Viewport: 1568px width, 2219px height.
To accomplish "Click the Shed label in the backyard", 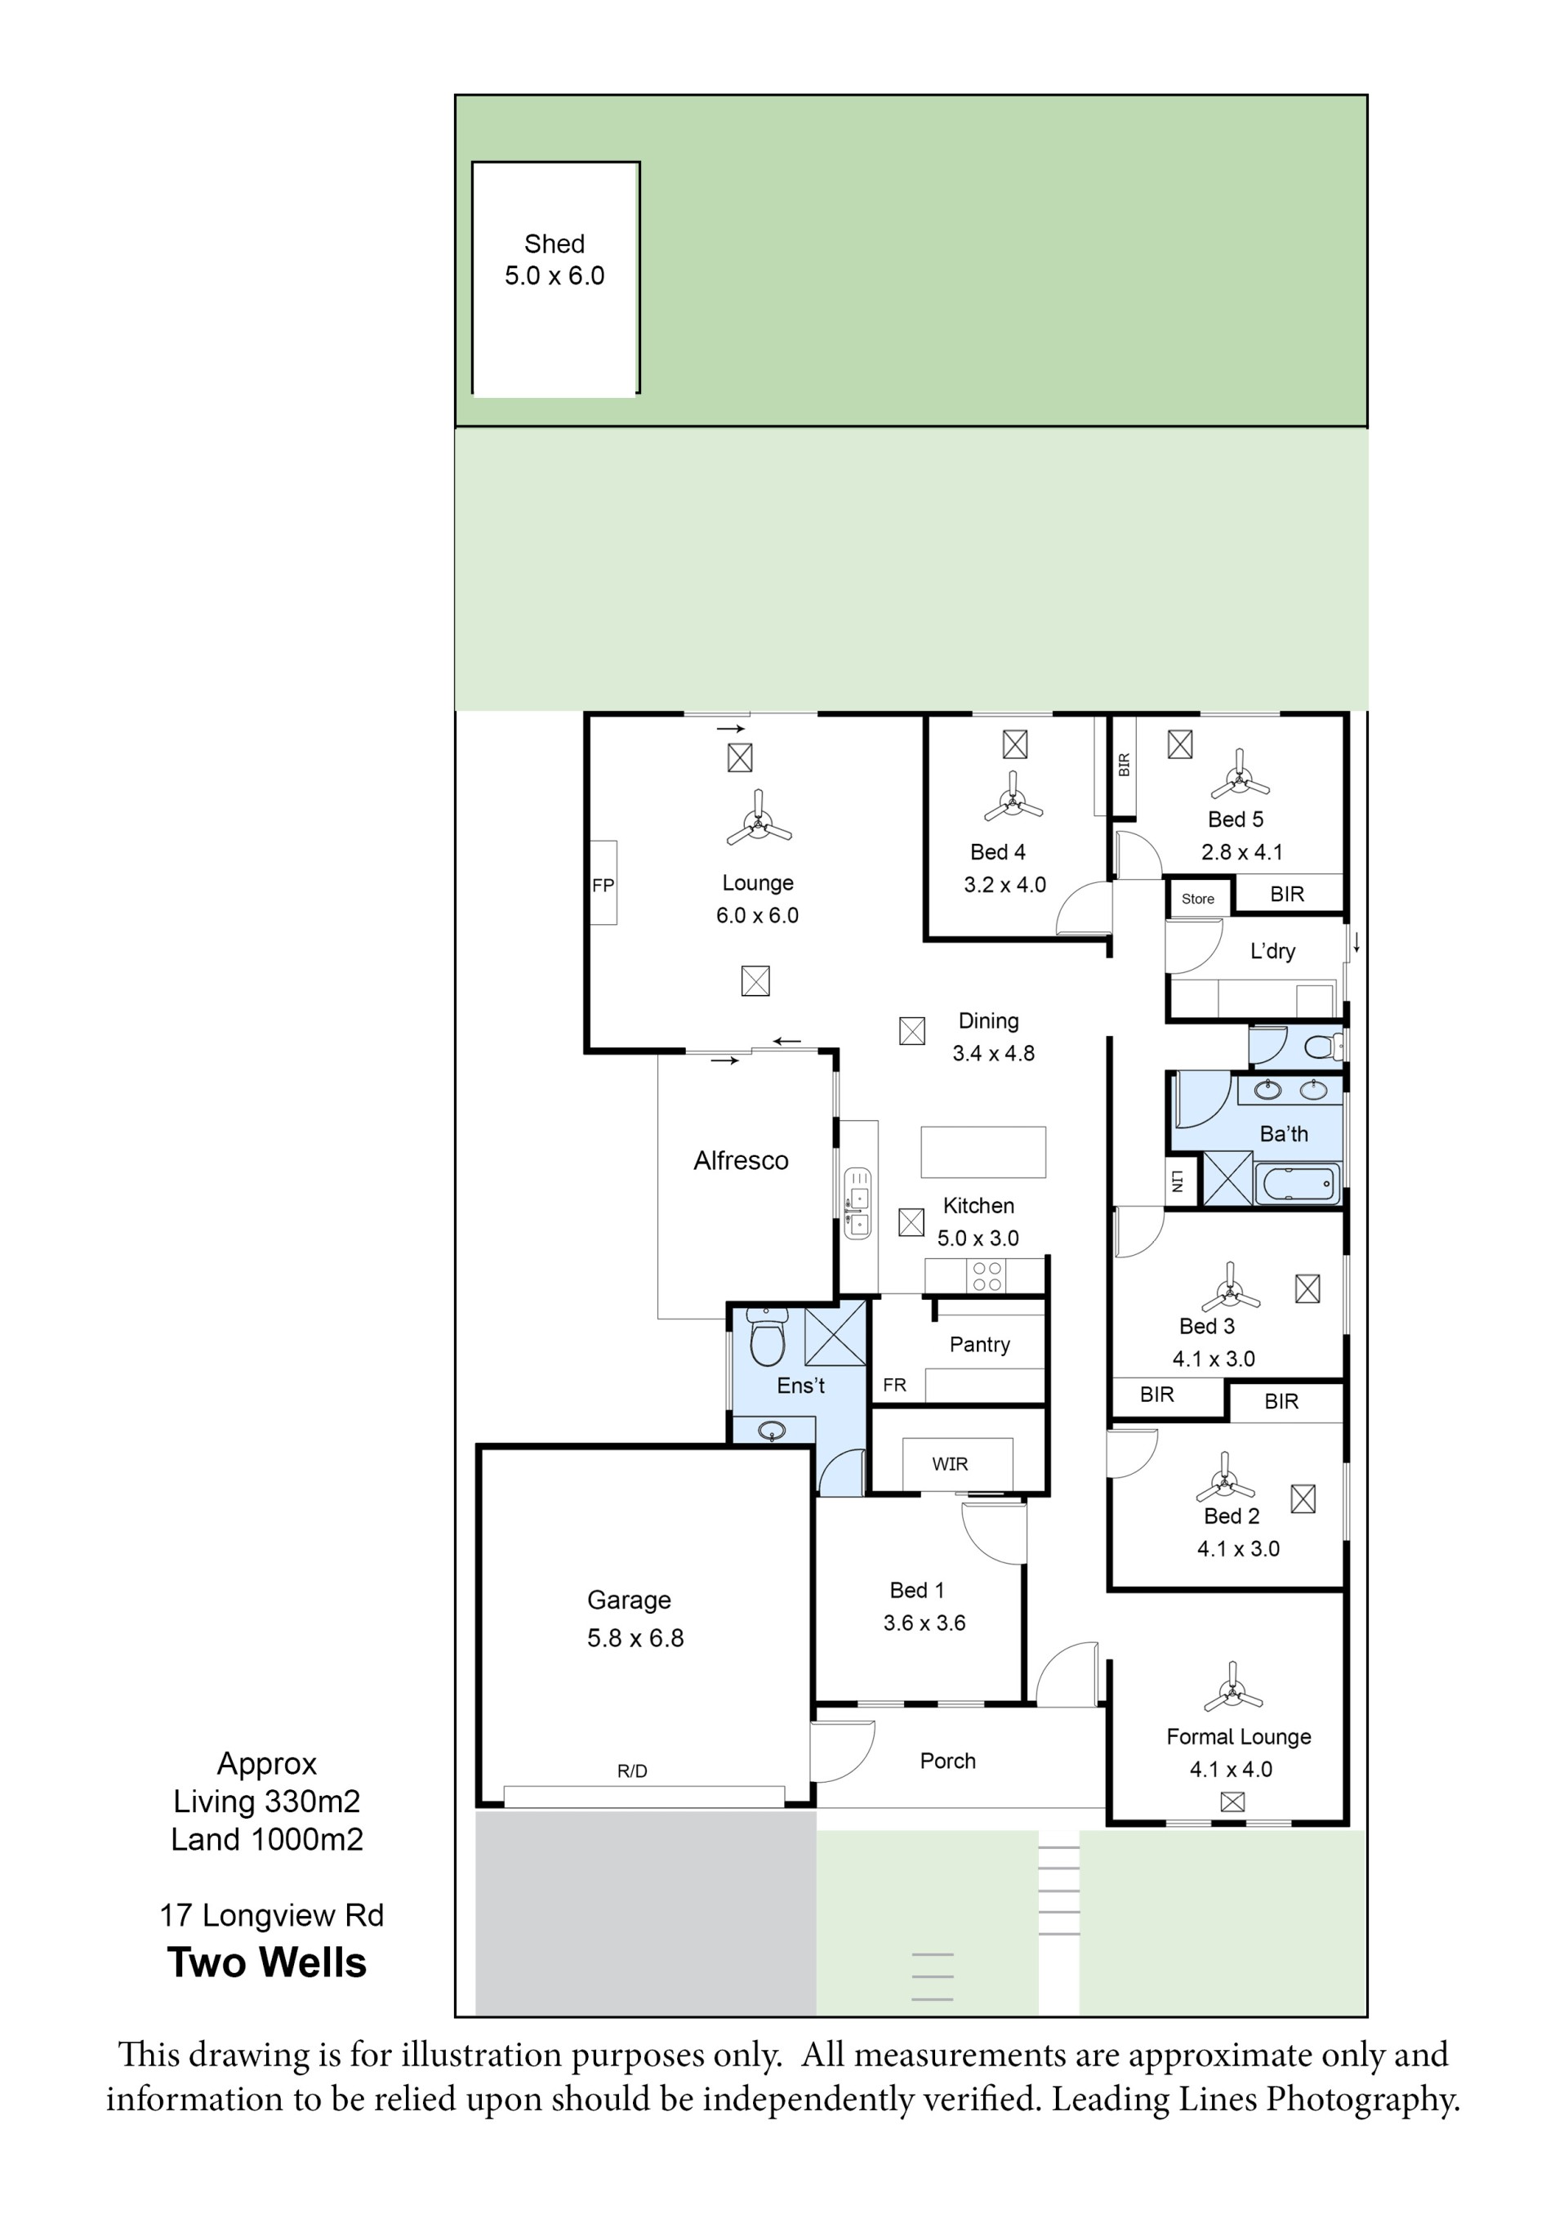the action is tap(554, 243).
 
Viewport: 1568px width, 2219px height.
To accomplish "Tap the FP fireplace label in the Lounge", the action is tap(603, 886).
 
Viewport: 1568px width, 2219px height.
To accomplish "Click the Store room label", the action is tap(1198, 899).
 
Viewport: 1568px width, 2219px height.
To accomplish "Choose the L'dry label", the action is tap(1272, 951).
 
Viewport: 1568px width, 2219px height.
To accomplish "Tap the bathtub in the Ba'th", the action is tap(1298, 1183).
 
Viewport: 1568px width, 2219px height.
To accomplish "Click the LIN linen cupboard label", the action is tap(1177, 1181).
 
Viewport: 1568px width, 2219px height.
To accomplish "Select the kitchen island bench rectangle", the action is tap(983, 1152).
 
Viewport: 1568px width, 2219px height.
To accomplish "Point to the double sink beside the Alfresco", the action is tap(857, 1203).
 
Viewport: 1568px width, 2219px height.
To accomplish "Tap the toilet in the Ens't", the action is tap(768, 1337).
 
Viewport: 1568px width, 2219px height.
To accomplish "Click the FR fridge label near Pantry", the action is tap(894, 1385).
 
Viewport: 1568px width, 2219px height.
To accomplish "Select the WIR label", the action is tap(950, 1464).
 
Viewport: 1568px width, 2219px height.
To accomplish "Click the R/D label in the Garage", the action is tap(632, 1770).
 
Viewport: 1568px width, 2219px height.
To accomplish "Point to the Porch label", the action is tap(948, 1761).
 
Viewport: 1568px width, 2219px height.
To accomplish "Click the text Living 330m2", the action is tap(267, 1802).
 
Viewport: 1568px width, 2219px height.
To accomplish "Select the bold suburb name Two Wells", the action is tap(267, 1963).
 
